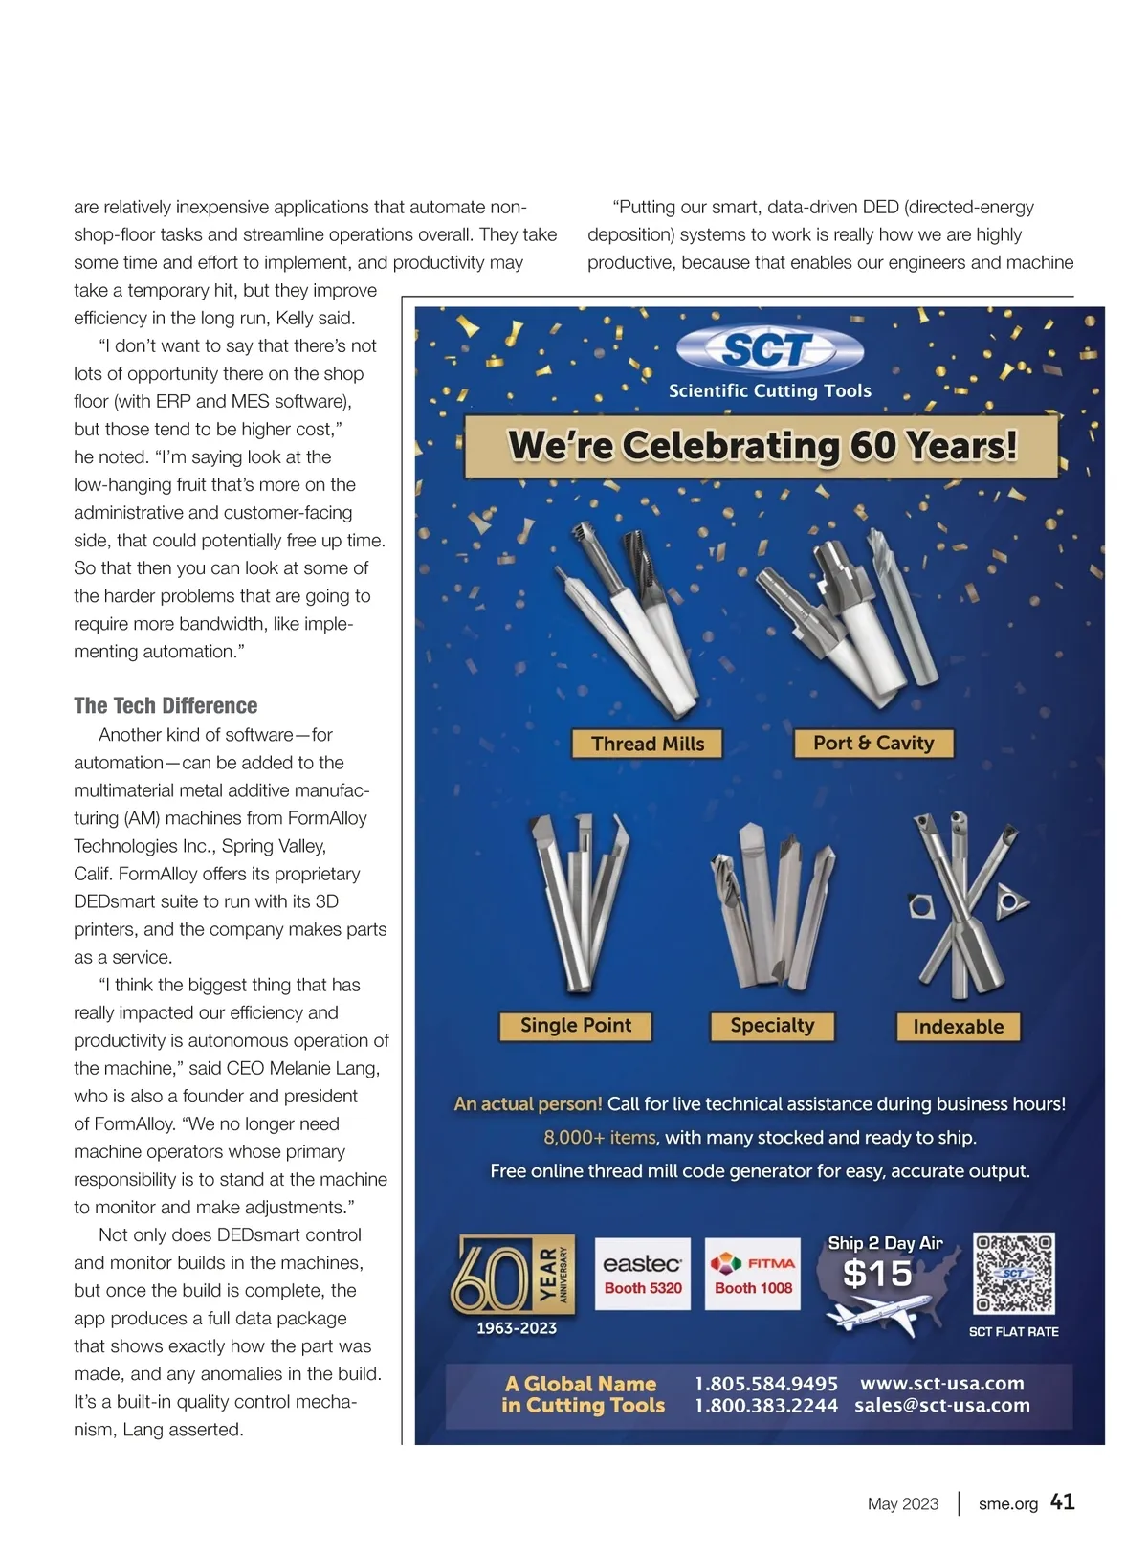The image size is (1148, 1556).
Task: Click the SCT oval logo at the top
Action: pos(769,349)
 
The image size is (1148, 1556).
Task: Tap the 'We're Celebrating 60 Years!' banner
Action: pos(762,446)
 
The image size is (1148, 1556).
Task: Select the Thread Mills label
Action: pos(648,744)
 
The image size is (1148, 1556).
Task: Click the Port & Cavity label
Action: pos(873,743)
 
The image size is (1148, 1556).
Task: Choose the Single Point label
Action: pos(576,1026)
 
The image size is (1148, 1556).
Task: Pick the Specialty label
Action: pos(772,1026)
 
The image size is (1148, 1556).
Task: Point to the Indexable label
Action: pos(958,1027)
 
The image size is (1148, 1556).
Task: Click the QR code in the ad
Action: pos(1013,1273)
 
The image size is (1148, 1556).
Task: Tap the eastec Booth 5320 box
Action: pos(643,1274)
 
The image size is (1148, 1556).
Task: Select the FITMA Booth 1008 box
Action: pos(753,1274)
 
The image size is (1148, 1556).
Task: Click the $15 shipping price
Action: pos(877,1274)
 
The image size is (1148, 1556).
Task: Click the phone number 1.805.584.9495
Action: pos(765,1384)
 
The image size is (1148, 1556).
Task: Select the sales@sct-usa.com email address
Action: pos(942,1406)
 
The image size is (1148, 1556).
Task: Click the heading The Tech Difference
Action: pos(166,705)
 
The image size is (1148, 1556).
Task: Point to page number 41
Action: pos(1062,1502)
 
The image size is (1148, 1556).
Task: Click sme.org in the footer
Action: pos(1007,1504)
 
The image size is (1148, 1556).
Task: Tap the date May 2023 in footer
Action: pos(903,1504)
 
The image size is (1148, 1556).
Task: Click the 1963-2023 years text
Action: pos(517,1328)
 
